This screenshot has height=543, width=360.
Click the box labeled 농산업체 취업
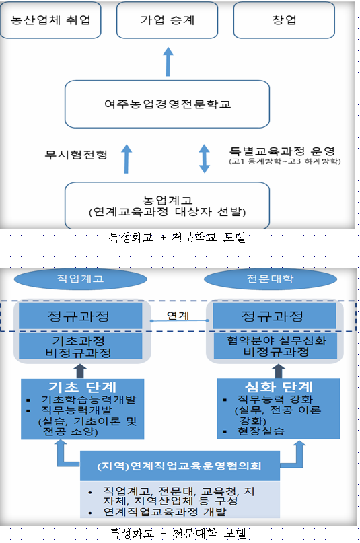(50, 20)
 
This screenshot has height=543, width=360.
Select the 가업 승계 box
(167, 20)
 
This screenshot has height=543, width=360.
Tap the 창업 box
(284, 20)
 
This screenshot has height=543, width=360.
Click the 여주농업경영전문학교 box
(167, 104)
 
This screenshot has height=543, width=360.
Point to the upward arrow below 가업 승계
(168, 62)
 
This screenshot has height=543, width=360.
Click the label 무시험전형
(76, 155)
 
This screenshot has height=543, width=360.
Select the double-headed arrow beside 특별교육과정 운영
(205, 159)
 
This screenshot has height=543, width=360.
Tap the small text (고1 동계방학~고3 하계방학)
(285, 161)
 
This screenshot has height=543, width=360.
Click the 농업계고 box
(167, 206)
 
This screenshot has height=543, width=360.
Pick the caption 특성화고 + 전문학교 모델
(177, 238)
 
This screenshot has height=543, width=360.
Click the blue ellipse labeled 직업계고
(80, 279)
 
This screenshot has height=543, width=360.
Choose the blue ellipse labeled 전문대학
(271, 279)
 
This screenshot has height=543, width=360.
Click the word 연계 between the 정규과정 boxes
(178, 316)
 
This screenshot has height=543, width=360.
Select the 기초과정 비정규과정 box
(80, 347)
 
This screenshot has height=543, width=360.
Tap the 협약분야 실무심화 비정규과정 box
(275, 347)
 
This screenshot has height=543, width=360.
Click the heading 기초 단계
(82, 387)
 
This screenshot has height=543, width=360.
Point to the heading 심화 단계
(279, 386)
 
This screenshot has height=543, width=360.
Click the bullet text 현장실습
(260, 431)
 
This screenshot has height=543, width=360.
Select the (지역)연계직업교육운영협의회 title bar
(180, 466)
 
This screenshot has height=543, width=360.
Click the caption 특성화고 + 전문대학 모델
(178, 534)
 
